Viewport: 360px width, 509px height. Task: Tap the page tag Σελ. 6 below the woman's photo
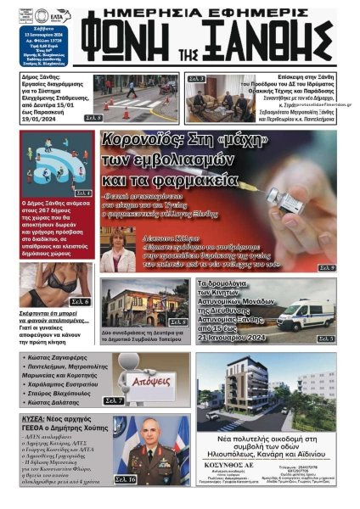80,301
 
